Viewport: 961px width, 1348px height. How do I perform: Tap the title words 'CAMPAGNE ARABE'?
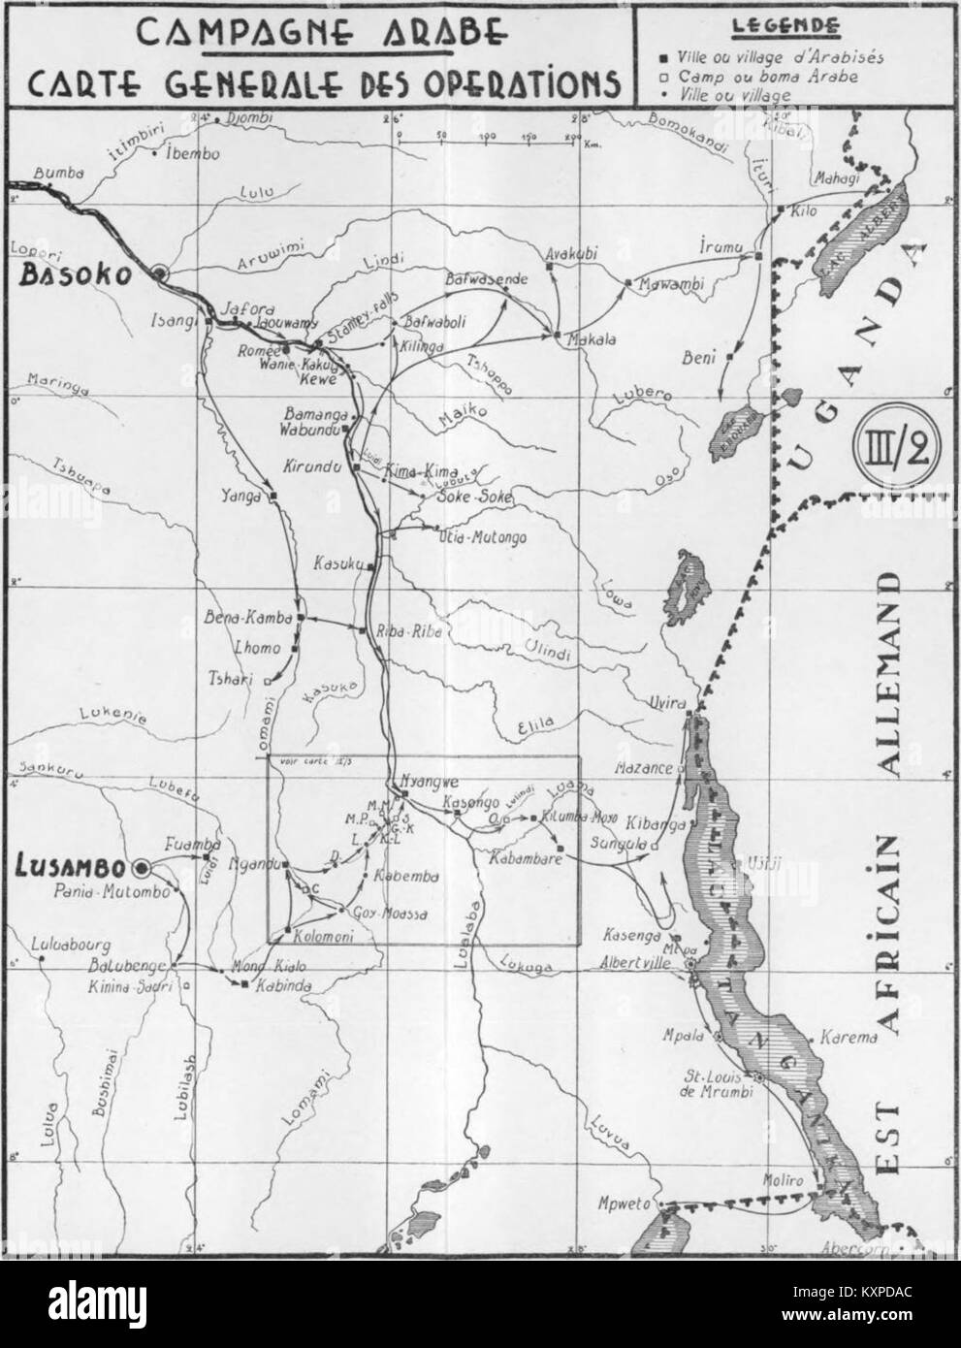click(320, 32)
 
